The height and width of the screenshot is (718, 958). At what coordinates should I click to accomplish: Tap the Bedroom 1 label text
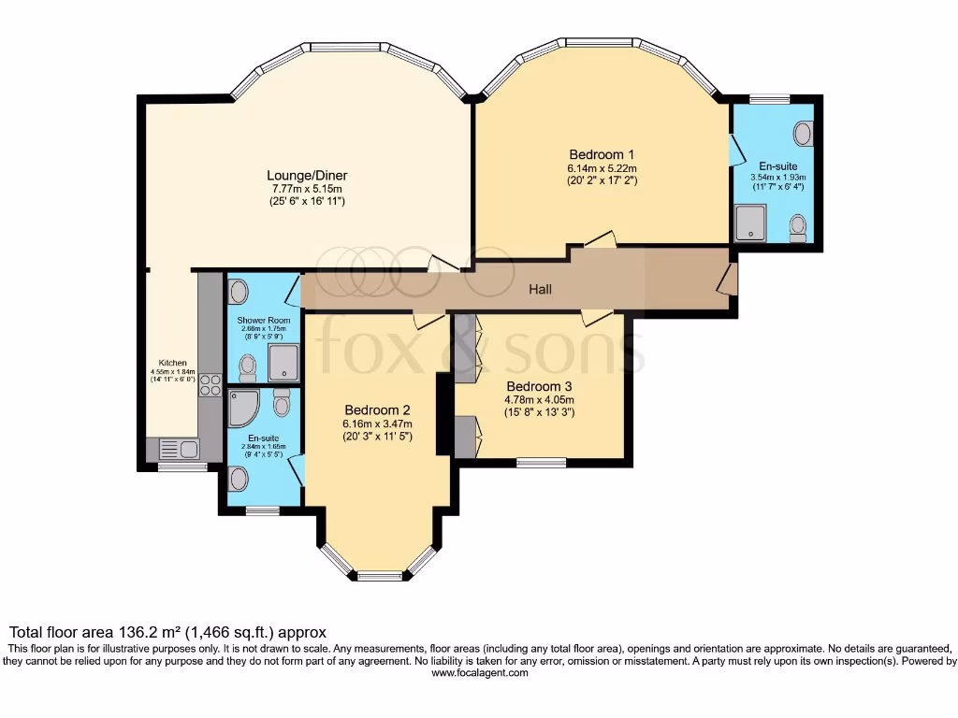point(602,154)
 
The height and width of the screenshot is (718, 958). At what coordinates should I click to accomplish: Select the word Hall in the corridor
point(540,290)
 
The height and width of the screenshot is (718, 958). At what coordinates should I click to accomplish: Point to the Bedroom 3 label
point(539,386)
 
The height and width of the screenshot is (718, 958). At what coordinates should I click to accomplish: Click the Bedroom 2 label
point(377,409)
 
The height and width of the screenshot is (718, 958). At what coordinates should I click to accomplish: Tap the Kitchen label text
point(172,363)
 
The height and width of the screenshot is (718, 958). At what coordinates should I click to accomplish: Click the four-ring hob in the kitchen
point(210,385)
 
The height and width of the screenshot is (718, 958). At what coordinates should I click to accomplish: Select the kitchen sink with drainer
point(179,449)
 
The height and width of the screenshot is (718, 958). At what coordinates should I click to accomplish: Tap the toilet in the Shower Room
point(248,367)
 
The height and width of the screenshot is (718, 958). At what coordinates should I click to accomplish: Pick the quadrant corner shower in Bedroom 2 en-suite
point(244,408)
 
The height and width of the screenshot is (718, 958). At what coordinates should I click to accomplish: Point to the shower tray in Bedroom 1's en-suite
point(750,223)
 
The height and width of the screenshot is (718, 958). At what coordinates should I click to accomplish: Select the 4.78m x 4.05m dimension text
point(539,400)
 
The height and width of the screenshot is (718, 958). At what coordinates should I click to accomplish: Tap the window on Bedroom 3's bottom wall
point(542,461)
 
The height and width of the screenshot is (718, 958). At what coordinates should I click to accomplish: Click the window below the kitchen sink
point(169,467)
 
